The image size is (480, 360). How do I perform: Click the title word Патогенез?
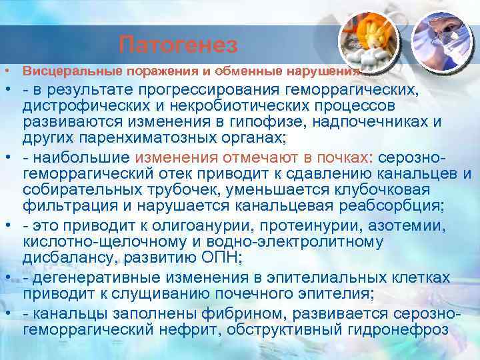tap(178, 45)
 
